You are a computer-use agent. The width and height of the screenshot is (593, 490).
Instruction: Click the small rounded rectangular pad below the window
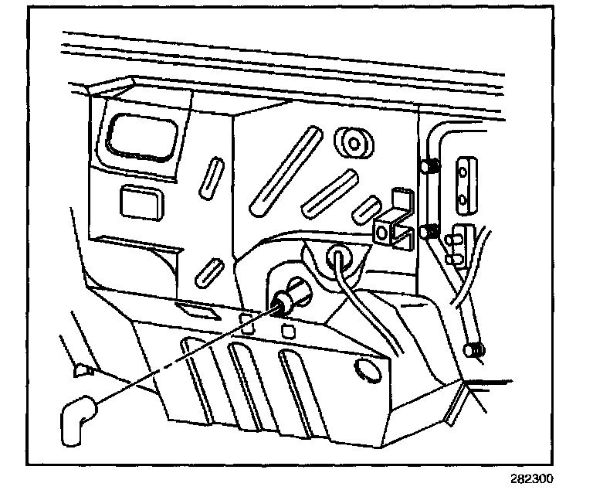pos(139,202)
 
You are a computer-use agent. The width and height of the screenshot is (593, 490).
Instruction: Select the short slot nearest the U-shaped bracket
pos(364,208)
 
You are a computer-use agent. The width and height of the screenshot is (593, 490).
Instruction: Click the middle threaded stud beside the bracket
pos(429,231)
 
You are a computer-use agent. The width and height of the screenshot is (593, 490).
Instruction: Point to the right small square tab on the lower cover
pos(288,331)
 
